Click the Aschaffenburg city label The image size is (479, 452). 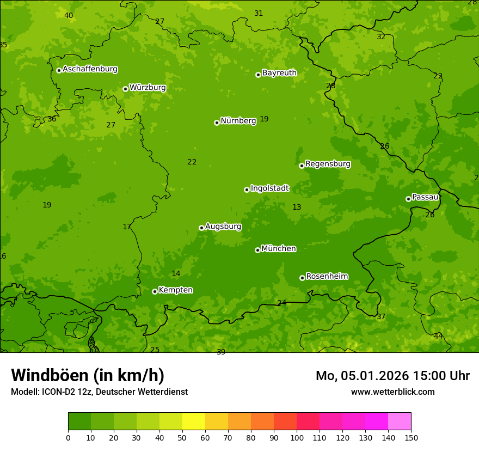coord(90,69)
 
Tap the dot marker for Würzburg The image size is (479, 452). coord(125,89)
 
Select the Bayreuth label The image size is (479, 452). coord(279,73)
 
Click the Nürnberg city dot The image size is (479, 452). coord(217,123)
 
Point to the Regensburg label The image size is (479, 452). coord(328,164)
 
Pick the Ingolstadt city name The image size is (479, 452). coord(269,188)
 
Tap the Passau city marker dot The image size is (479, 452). coord(408,199)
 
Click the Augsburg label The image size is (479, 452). coord(223,227)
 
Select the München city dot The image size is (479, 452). coord(257,250)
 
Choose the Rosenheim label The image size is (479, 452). coord(327,277)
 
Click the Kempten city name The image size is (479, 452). coord(175,290)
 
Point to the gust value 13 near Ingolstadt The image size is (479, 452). coord(297,207)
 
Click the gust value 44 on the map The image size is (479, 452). coord(438,337)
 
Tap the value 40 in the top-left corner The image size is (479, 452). coord(69,16)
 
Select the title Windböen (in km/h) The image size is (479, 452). coord(88,375)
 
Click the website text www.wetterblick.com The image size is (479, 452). coord(392,392)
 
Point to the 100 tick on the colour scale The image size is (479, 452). coord(297,437)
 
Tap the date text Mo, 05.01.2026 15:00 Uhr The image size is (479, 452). coord(392,376)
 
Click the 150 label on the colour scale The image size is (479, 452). coord(411,437)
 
